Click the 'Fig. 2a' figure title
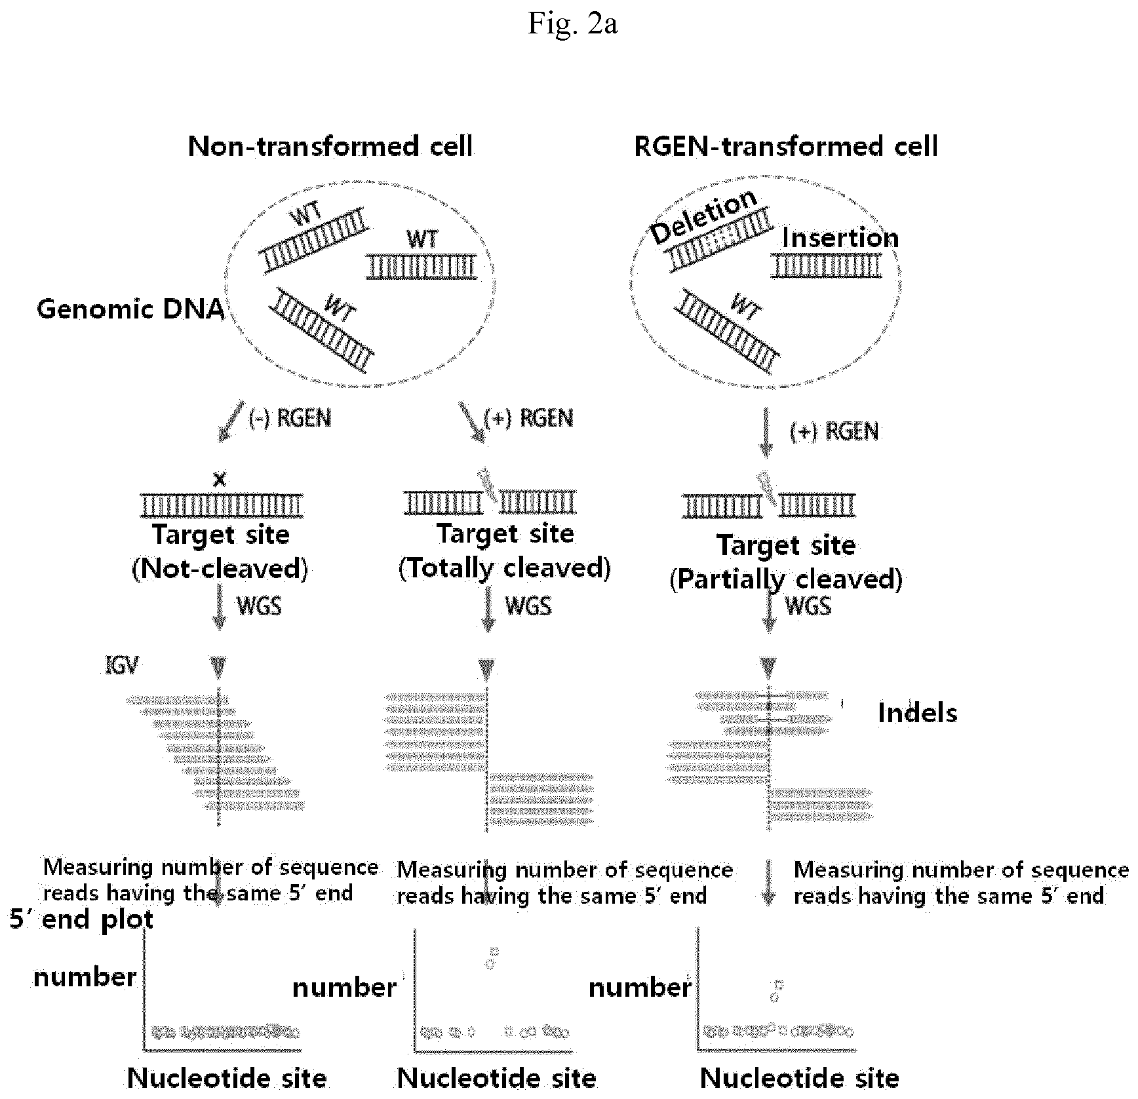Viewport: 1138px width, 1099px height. (x=572, y=24)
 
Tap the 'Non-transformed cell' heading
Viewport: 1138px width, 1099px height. (x=330, y=146)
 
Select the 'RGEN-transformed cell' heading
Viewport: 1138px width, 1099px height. (x=786, y=146)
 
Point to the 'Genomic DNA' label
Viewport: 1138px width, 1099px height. (x=130, y=309)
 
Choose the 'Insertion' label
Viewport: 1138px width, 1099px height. (x=840, y=237)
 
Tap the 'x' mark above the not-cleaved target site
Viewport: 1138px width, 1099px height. (x=220, y=480)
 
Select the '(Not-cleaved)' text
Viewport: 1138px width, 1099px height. (x=220, y=568)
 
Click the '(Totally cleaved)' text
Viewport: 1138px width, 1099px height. (x=505, y=568)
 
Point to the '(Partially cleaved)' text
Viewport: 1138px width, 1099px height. (x=786, y=579)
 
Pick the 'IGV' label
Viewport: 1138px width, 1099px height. (x=122, y=666)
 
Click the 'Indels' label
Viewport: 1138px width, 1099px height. (x=918, y=713)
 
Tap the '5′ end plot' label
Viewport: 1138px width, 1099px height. (x=82, y=919)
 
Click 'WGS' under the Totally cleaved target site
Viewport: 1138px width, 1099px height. (x=528, y=606)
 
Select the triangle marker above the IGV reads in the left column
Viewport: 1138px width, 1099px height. (x=219, y=667)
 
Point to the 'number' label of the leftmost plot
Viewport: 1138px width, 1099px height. (x=85, y=977)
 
